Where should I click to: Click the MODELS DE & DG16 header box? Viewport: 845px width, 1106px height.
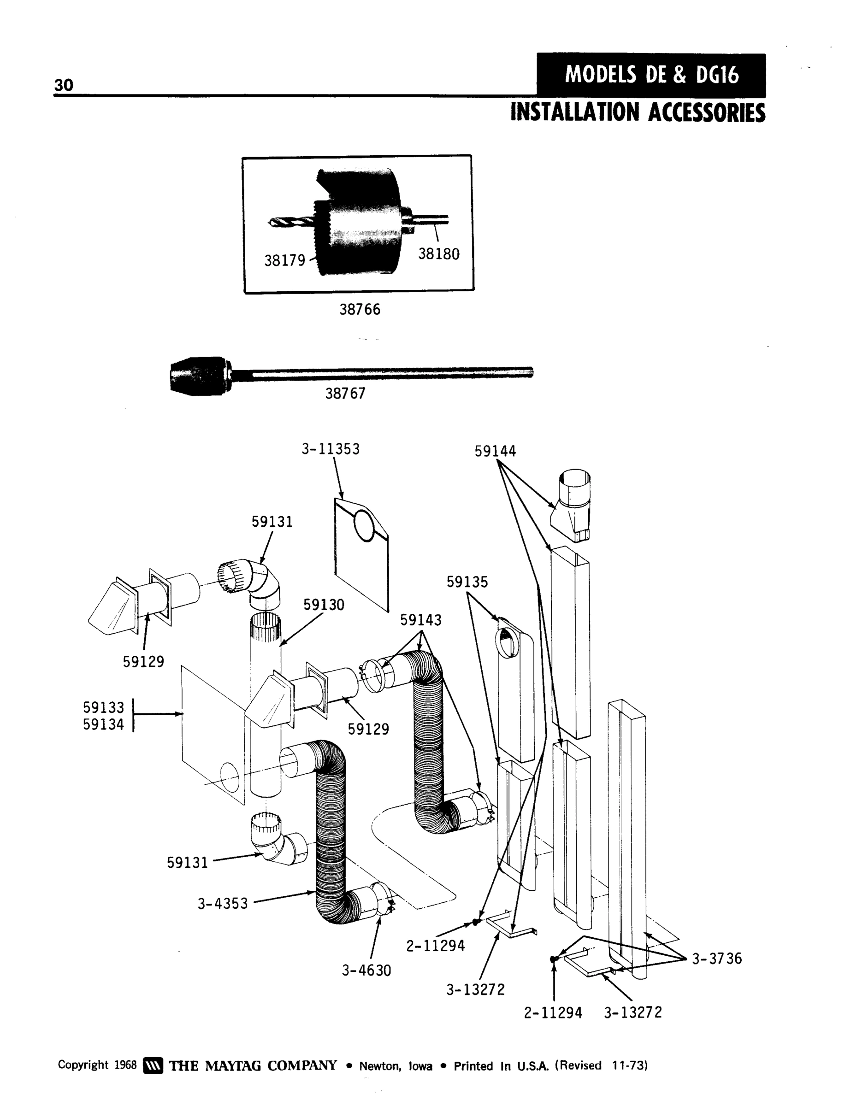tap(651, 76)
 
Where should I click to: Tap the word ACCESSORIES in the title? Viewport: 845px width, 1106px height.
tap(706, 112)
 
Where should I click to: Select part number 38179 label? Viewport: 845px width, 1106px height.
tap(285, 260)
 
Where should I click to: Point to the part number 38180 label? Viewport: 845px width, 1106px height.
tap(438, 254)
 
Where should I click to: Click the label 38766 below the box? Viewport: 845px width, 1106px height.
tap(360, 309)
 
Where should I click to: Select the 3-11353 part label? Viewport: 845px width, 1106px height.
tap(331, 449)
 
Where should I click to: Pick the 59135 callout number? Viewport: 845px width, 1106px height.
tap(467, 582)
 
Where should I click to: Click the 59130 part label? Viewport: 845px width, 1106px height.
tap(324, 605)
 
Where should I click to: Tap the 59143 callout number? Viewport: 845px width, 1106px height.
tap(420, 620)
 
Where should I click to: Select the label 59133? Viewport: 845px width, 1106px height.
tap(103, 707)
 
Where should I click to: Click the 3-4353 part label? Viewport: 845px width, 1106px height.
tap(222, 904)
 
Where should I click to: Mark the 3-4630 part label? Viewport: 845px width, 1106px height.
tap(366, 970)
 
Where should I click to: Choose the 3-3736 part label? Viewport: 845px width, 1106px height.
tap(716, 959)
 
